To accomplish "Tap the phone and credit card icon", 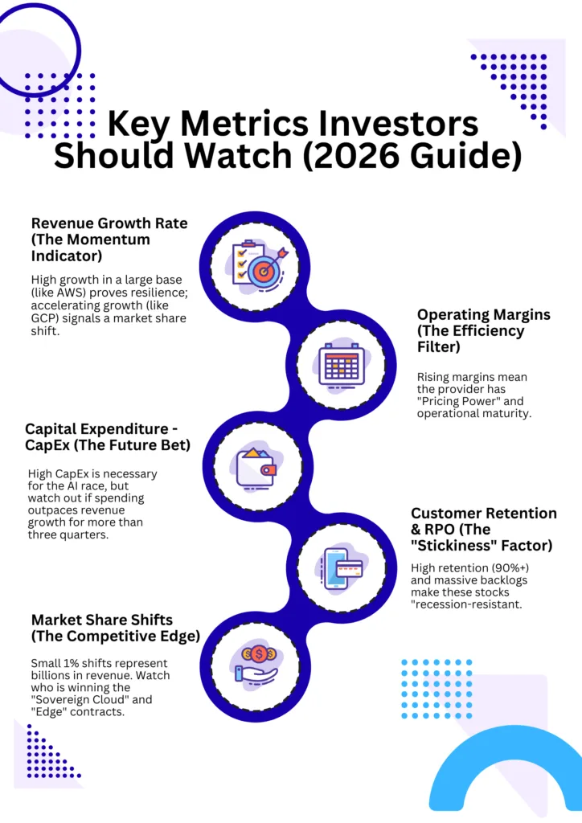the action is tap(342, 568).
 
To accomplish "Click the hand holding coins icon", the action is tap(257, 665).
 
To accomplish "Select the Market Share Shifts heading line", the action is tap(102, 620).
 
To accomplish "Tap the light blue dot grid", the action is tap(436, 689).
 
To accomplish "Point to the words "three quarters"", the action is tap(68, 535).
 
